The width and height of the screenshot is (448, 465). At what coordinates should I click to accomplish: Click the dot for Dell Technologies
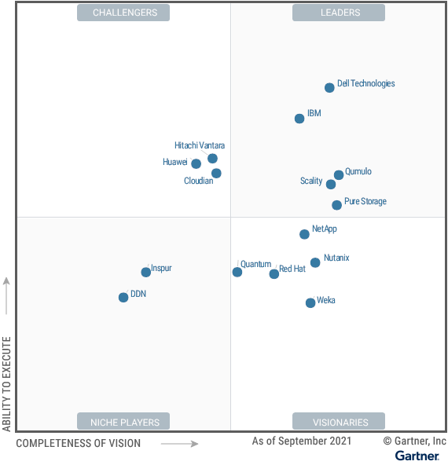pyautogui.click(x=329, y=88)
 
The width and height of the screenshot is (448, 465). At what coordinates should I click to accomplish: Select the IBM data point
pyautogui.click(x=299, y=119)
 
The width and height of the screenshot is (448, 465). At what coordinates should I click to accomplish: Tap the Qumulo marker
pyautogui.click(x=339, y=175)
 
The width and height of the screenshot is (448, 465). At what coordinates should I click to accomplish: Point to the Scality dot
pyautogui.click(x=331, y=185)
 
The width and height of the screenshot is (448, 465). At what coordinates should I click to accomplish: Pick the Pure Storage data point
pyautogui.click(x=336, y=205)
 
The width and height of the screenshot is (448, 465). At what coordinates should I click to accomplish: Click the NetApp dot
pyautogui.click(x=304, y=234)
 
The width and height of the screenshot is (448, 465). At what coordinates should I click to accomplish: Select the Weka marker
pyautogui.click(x=310, y=303)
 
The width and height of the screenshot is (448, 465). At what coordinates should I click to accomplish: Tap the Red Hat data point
pyautogui.click(x=274, y=274)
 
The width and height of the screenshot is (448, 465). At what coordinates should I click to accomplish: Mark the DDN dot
pyautogui.click(x=123, y=298)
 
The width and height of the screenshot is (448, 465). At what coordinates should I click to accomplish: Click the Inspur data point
pyautogui.click(x=145, y=273)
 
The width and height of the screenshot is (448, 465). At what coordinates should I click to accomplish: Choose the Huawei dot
pyautogui.click(x=196, y=163)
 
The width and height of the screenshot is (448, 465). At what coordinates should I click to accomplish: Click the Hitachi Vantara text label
pyautogui.click(x=200, y=145)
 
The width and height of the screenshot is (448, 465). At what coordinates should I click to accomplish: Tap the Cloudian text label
pyautogui.click(x=198, y=181)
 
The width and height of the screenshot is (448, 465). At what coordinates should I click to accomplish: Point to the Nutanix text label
pyautogui.click(x=336, y=258)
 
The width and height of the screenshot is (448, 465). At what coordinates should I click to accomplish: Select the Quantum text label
pyautogui.click(x=255, y=265)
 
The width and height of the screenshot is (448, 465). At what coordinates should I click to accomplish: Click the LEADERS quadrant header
pyautogui.click(x=339, y=13)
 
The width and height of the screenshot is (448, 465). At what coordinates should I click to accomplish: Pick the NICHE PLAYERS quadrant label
pyautogui.click(x=123, y=422)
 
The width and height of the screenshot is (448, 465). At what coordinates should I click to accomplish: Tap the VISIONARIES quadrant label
pyautogui.click(x=339, y=422)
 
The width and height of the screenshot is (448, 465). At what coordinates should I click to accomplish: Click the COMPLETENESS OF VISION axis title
pyautogui.click(x=79, y=444)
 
